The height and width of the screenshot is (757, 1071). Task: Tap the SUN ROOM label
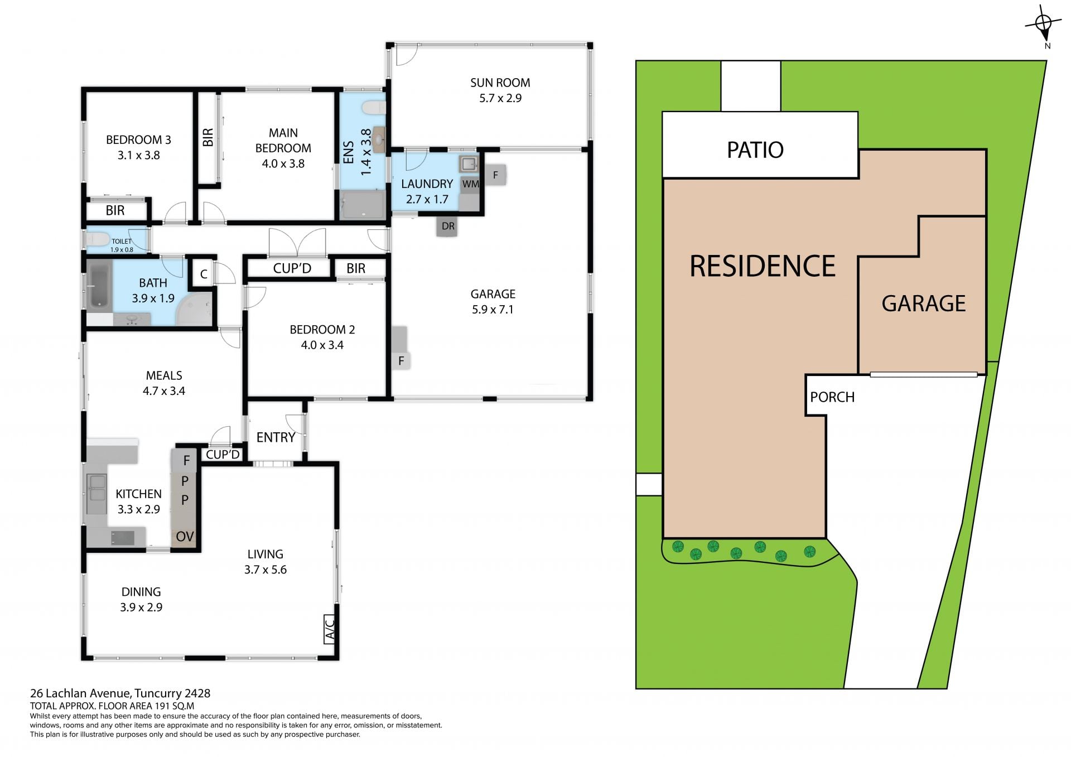click(500, 83)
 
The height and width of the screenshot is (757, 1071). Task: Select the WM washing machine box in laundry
click(470, 184)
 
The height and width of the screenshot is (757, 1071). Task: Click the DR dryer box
click(447, 226)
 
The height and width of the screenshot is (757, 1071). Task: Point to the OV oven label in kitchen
click(185, 537)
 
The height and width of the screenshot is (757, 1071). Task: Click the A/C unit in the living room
click(330, 629)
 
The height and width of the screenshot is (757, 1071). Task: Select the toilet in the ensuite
click(373, 107)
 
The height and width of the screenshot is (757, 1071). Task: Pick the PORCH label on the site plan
click(832, 397)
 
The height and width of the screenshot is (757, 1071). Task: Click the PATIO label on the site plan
click(755, 150)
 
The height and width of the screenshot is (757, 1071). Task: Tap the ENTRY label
click(276, 437)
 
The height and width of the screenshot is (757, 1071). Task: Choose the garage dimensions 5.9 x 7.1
click(493, 310)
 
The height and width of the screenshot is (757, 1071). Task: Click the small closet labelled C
click(204, 274)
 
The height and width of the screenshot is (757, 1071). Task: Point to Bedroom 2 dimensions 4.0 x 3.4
click(322, 345)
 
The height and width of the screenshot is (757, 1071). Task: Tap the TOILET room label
click(122, 242)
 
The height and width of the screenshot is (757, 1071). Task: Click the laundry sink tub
click(468, 164)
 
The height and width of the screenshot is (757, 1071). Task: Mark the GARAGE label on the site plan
click(923, 303)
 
